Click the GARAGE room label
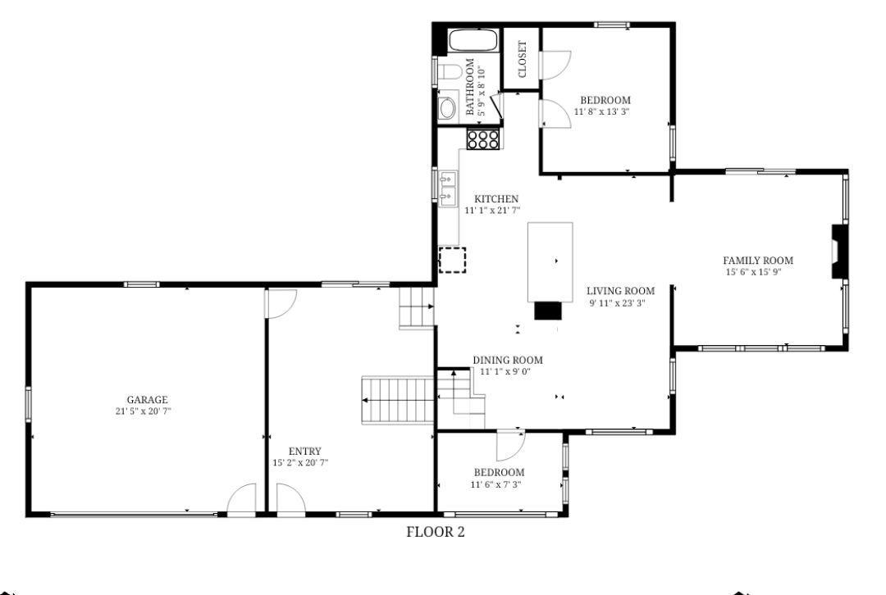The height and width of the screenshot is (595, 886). coord(147,400)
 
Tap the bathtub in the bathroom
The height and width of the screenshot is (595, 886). coord(473,41)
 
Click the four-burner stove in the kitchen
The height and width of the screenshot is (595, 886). coord(482,139)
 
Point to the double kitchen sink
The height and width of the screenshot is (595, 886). coord(448,188)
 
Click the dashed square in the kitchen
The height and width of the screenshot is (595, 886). coord(453,261)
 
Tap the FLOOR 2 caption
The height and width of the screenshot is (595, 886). coord(436,532)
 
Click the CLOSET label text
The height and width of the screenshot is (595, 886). coord(522,59)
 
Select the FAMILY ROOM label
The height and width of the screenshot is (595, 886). coord(758,261)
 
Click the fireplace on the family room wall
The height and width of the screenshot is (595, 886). coord(839,252)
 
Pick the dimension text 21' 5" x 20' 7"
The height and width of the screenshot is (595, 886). coord(143,411)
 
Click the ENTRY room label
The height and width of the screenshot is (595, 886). coord(304,451)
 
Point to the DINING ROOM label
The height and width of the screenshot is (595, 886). coord(508,360)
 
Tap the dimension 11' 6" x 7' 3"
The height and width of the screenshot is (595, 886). coord(496,484)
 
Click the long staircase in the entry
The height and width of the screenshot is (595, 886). coord(398,400)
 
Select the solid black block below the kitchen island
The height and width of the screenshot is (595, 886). coord(548,311)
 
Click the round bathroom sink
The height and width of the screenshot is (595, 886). coord(448,108)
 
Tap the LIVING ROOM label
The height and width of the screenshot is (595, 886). coord(620,291)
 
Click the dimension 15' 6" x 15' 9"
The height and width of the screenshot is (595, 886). coord(753,272)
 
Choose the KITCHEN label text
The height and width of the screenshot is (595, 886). coord(496,198)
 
